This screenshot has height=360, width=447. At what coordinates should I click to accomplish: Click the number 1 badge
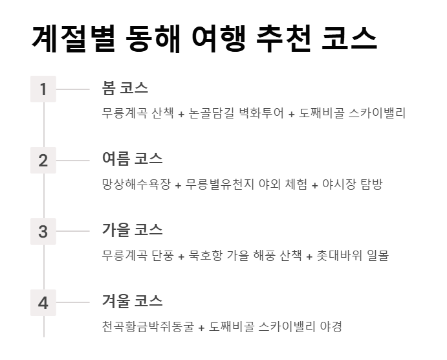43,89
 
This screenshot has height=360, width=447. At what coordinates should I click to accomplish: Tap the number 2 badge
43,161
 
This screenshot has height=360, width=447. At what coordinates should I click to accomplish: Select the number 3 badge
43,231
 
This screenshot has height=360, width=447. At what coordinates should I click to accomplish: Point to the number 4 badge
43,302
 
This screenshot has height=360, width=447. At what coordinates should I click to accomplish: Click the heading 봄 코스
125,87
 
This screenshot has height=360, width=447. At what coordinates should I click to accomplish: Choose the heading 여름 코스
132,159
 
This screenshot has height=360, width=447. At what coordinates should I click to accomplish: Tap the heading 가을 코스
132,230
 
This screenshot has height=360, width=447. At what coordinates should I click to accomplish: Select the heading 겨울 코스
132,301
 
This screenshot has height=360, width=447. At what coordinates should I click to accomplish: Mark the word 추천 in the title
284,39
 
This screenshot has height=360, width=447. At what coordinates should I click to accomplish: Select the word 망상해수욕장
136,185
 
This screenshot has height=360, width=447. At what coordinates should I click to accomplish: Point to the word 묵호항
205,256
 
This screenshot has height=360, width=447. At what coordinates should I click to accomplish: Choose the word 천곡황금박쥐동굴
148,327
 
